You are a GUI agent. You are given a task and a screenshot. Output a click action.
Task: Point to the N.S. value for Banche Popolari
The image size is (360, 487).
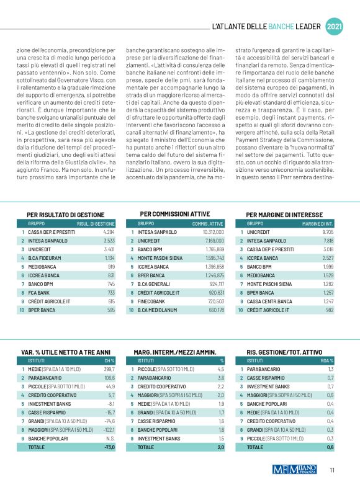click(x=109, y=437)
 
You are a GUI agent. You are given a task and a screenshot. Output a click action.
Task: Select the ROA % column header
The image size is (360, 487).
click(x=326, y=360)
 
